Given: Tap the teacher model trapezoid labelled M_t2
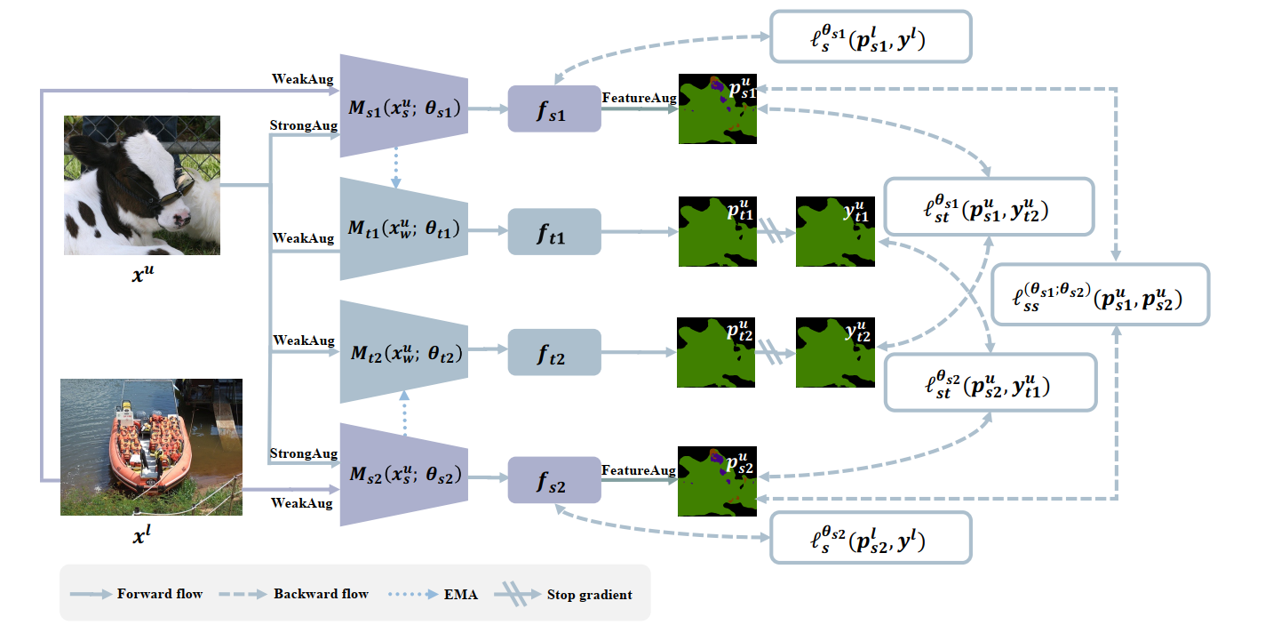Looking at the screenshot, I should (404, 352).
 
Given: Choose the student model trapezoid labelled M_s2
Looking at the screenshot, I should (404, 475).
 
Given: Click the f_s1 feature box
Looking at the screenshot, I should (554, 109).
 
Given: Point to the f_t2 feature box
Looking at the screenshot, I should (554, 352).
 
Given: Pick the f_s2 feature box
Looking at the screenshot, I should (554, 480).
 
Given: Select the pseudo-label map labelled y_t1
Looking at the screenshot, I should (835, 231).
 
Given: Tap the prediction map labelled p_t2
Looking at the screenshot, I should (716, 352).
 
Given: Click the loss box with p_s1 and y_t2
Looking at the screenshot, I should (989, 207).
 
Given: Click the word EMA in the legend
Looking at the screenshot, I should (461, 594).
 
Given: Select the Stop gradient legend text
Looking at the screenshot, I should (589, 594).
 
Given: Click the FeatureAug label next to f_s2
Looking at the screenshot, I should (638, 469).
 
